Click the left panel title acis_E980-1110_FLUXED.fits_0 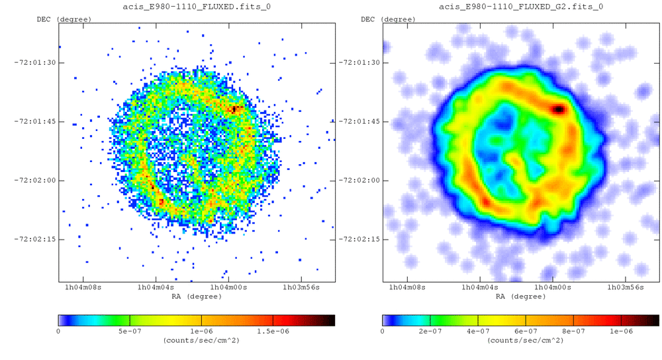pyautogui.click(x=197, y=7)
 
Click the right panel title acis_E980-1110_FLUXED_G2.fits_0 pyautogui.click(x=521, y=7)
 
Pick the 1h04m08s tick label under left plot pyautogui.click(x=83, y=289)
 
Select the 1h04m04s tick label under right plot pyautogui.click(x=479, y=289)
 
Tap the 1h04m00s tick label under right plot pyautogui.click(x=552, y=289)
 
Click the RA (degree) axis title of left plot pyautogui.click(x=197, y=296)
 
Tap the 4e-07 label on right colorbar pyautogui.click(x=477, y=331)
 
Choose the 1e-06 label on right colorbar pyautogui.click(x=621, y=331)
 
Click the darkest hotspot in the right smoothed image pyautogui.click(x=558, y=109)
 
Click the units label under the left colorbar pyautogui.click(x=197, y=339)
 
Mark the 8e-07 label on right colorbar pyautogui.click(x=573, y=331)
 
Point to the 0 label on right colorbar pyautogui.click(x=383, y=331)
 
